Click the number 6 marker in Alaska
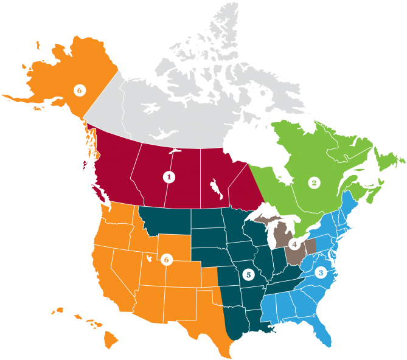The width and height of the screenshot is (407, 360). click(x=78, y=90)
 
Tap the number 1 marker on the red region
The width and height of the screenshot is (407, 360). click(x=169, y=177)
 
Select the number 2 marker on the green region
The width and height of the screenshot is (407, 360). click(x=314, y=182)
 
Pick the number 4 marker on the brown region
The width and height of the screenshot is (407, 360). click(x=248, y=274)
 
